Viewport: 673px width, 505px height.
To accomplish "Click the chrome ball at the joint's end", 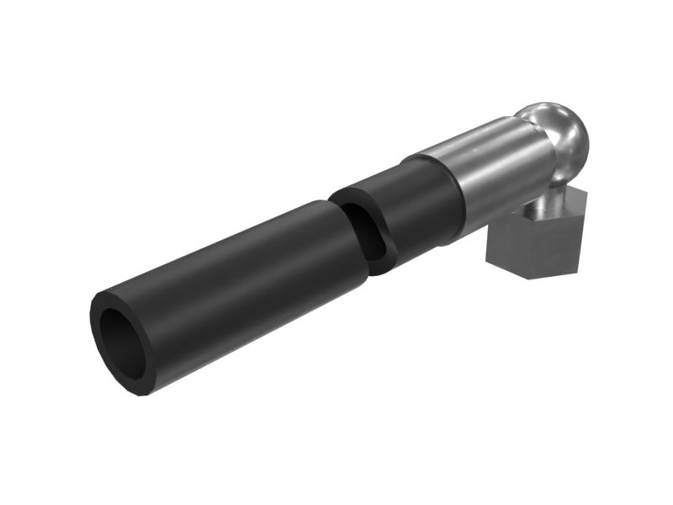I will (555, 135).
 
